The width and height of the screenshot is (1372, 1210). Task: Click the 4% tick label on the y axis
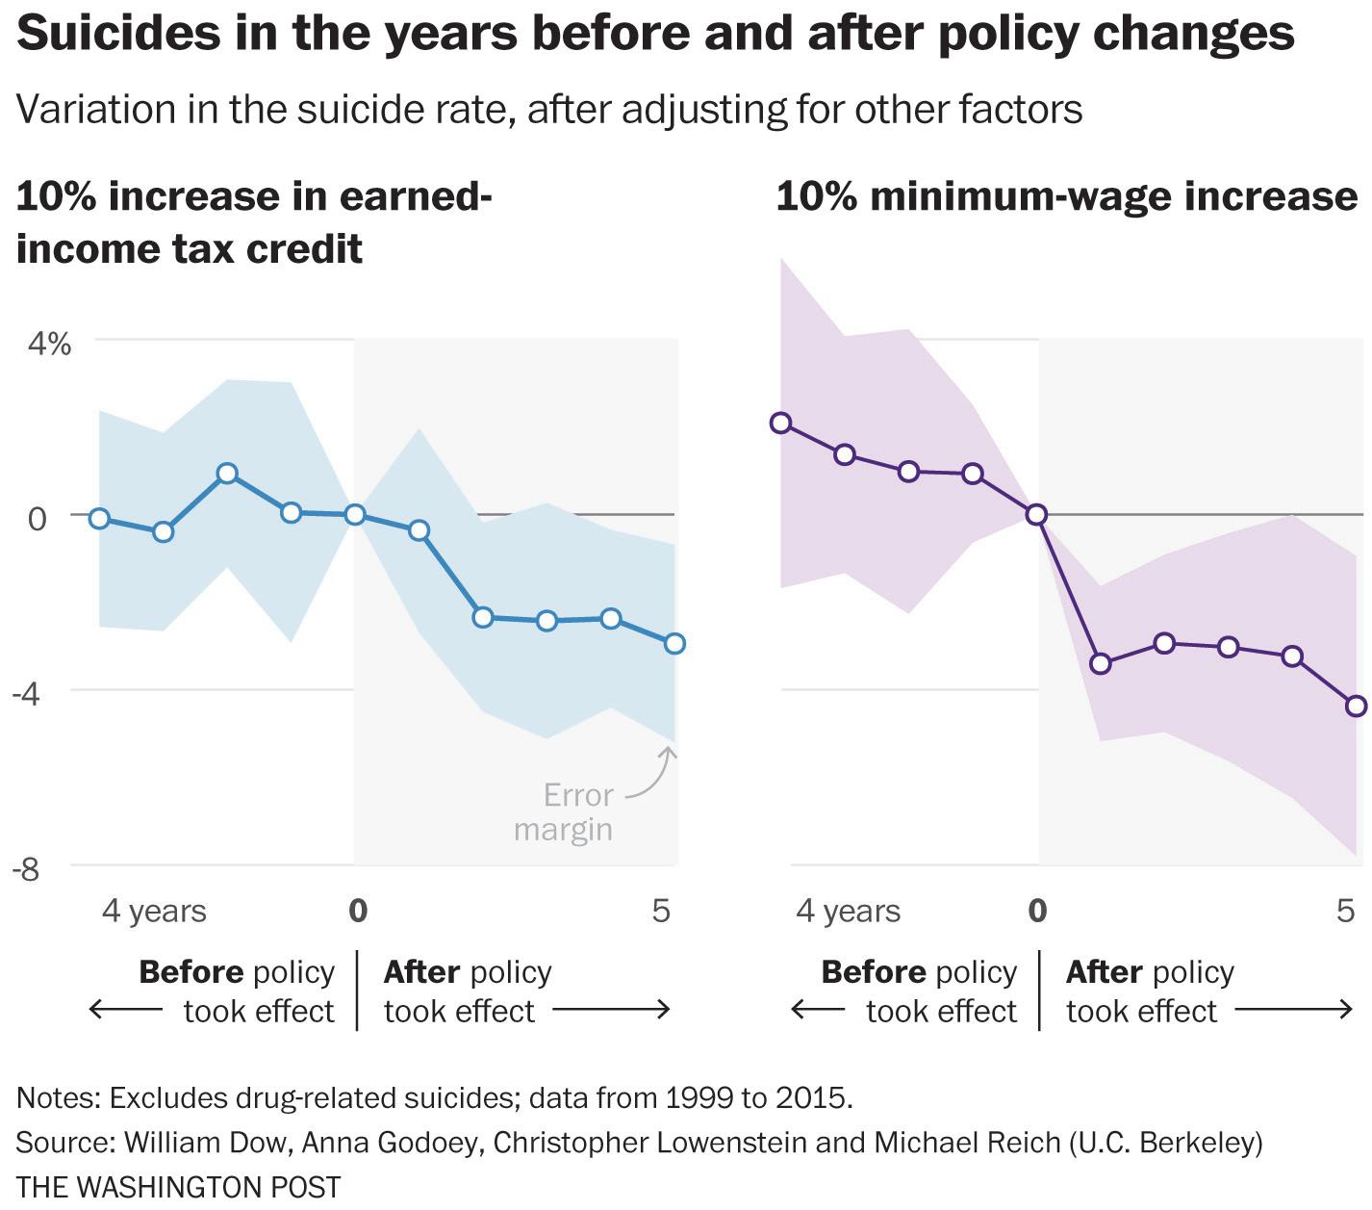coord(47,344)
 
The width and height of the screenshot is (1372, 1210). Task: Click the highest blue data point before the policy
coord(227,474)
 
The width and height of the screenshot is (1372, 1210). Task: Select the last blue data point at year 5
coord(674,643)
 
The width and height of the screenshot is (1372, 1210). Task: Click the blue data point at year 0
coord(355,514)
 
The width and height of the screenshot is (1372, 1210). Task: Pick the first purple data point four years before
coord(780,423)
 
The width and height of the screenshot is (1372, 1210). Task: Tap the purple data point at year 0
coord(1036,514)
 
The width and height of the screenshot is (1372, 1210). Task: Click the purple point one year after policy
coord(1101,663)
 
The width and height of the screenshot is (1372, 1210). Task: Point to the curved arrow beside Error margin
coord(654,776)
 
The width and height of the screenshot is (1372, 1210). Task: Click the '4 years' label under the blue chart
coord(154,911)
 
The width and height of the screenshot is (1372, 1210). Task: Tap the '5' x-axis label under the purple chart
coord(1346,911)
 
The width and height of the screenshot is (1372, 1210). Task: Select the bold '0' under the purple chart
coord(1037,911)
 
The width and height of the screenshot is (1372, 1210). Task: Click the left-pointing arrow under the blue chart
coord(125,1010)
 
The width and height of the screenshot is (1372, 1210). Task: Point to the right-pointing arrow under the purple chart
coord(1294,1010)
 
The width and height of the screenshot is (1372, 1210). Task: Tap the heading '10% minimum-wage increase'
coord(1066,196)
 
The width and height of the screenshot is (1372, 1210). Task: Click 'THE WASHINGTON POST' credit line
coord(179,1187)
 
